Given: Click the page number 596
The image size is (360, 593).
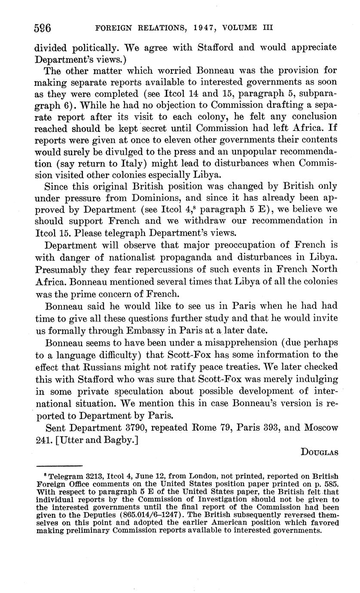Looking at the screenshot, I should pos(43,28).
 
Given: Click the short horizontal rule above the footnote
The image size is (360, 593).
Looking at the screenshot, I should pos(59,466).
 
